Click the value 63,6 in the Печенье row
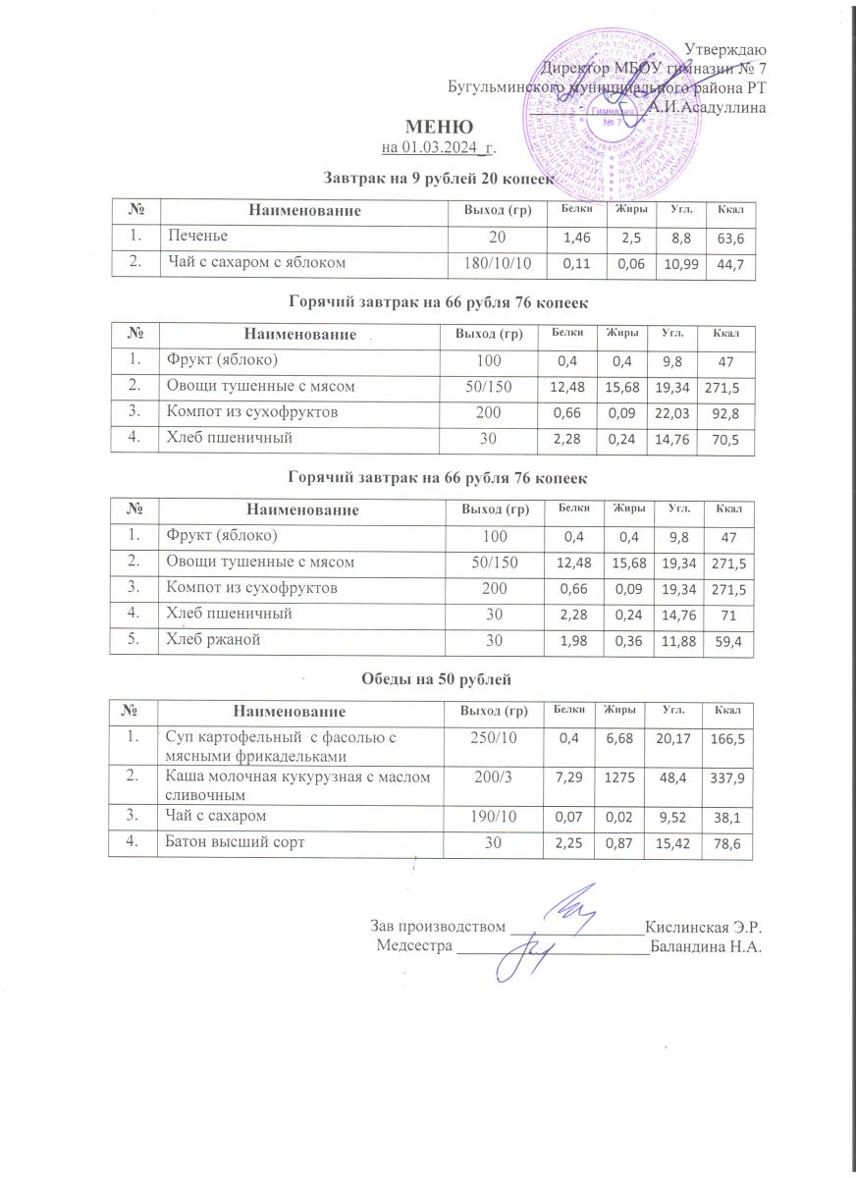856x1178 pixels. pyautogui.click(x=729, y=239)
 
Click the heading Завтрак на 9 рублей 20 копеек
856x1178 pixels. pyautogui.click(x=440, y=179)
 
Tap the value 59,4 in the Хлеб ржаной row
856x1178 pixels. pyautogui.click(x=729, y=642)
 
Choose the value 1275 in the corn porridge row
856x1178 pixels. pyautogui.click(x=617, y=777)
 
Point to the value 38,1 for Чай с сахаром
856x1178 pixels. pyautogui.click(x=729, y=817)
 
